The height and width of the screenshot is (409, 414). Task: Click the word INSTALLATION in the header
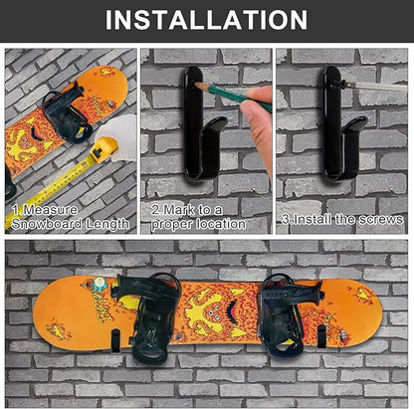(206, 19)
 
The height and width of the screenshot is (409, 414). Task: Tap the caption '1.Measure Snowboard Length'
(70, 217)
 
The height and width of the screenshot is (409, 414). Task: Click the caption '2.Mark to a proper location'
(198, 217)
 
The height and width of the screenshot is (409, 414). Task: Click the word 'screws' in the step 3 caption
(380, 218)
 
